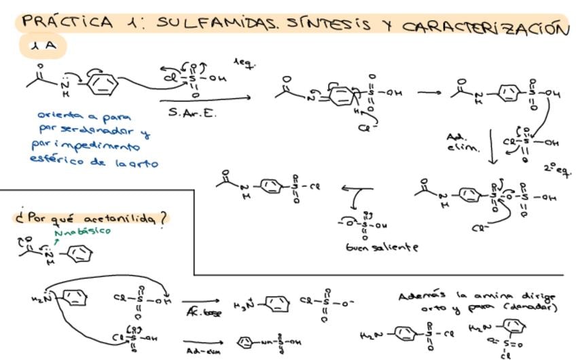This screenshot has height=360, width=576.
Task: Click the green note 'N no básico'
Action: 83,232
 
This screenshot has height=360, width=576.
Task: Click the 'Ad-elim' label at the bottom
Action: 201,350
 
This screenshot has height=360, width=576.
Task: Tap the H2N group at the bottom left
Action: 42,298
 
